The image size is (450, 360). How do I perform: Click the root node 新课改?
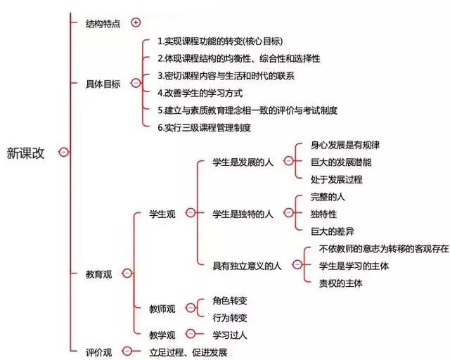click(x=25, y=153)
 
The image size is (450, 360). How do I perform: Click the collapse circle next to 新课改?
click(x=63, y=152)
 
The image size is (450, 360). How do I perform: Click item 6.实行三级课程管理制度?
click(x=204, y=127)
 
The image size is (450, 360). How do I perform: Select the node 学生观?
click(x=162, y=213)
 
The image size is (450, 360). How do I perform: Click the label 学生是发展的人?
click(x=243, y=161)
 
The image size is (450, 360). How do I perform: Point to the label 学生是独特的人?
click(x=243, y=213)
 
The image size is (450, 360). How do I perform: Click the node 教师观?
click(x=162, y=308)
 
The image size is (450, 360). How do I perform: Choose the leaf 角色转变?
click(x=229, y=300)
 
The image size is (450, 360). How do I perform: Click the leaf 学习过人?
click(x=229, y=334)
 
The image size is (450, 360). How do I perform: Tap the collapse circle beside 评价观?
click(x=127, y=351)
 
